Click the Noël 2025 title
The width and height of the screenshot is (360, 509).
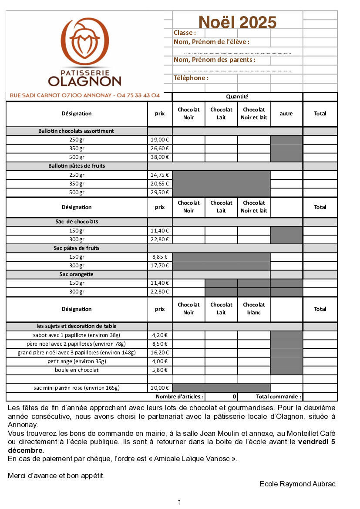pos(237,22)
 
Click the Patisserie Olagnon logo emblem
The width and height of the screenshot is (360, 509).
pos(84,40)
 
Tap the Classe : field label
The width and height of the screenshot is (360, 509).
pos(185,33)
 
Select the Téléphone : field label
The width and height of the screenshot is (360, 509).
pos(191,78)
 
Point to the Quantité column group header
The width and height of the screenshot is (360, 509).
pos(237,97)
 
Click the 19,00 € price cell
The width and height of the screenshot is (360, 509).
pos(160,140)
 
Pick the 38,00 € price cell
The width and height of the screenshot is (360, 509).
pos(160,157)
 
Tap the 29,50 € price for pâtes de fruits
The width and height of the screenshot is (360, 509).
pos(160,192)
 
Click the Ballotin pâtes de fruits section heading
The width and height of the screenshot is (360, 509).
pos(77,166)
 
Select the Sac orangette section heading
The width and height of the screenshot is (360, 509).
pos(77,274)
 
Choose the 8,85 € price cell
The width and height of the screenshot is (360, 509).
pos(160,257)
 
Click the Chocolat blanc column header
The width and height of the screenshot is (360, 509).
pos(254,309)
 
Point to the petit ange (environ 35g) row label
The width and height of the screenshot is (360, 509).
pos(77,361)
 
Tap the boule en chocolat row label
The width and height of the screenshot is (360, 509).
pos(77,370)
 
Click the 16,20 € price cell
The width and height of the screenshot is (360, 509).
pos(160,353)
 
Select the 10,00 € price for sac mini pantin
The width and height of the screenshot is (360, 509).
pos(160,388)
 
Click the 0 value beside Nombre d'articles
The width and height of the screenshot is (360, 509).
pos(234,397)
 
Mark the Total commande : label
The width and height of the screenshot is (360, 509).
pos(279,397)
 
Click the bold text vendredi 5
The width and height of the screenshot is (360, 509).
pos(316,442)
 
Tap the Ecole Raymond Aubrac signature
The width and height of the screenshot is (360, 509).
pos(298,484)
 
